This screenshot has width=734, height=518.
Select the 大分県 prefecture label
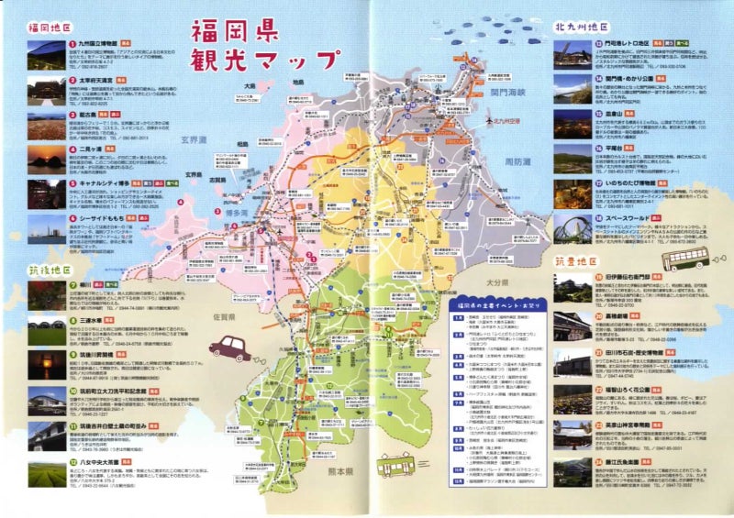498,258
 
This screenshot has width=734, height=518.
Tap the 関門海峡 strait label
510,92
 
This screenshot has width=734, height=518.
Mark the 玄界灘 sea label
195,140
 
